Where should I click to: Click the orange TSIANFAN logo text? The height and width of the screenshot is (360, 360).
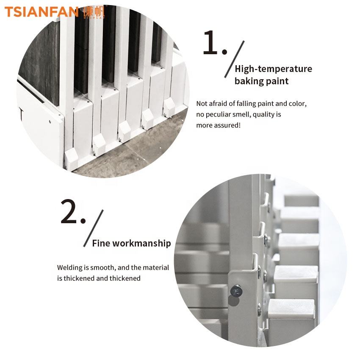42,12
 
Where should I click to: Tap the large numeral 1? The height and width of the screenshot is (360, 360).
210,43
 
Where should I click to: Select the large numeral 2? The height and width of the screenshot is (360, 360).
69,211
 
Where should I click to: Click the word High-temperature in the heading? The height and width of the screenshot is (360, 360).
273,69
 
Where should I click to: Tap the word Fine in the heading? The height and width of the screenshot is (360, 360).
101,243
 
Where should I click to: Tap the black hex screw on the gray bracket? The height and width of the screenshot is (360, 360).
236,291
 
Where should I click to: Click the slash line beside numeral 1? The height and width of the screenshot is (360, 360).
234,59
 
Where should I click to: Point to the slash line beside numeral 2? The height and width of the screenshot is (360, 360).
94,228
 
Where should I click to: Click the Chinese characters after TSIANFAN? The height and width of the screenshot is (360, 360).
94,12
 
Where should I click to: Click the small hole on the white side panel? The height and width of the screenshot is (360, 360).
50,122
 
